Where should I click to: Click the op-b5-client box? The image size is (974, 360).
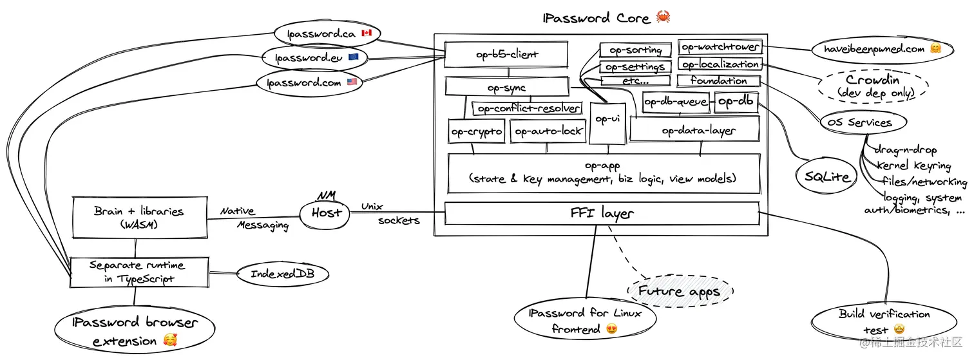pyautogui.click(x=508, y=55)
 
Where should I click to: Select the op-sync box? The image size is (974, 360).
pyautogui.click(x=506, y=87)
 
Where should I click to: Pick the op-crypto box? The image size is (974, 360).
pyautogui.click(x=476, y=132)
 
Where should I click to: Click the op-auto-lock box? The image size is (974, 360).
pyautogui.click(x=548, y=131)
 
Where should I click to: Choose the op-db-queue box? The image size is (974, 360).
pyautogui.click(x=676, y=102)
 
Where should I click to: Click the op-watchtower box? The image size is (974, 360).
pyautogui.click(x=720, y=47)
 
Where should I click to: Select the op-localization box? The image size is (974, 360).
pyautogui.click(x=720, y=64)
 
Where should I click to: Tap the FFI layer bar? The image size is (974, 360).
pyautogui.click(x=602, y=213)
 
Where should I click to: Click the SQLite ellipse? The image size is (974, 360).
pyautogui.click(x=827, y=176)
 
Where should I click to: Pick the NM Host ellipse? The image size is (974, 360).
pyautogui.click(x=325, y=213)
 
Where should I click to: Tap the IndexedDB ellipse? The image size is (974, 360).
pyautogui.click(x=281, y=274)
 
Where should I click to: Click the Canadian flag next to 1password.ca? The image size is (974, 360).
pyautogui.click(x=367, y=33)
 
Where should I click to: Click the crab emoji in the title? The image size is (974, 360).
pyautogui.click(x=664, y=17)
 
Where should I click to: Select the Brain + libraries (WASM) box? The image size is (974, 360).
pyautogui.click(x=139, y=217)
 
